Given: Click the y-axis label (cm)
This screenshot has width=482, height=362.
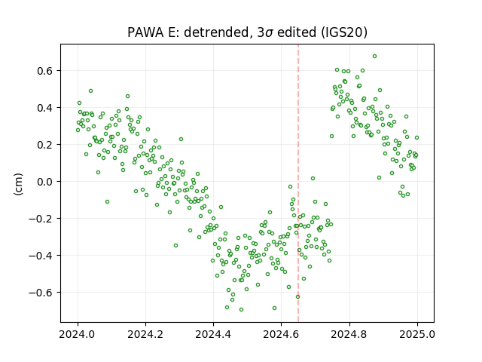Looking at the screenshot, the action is pyautogui.click(x=18, y=184).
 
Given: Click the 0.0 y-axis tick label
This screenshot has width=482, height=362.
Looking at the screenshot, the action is pyautogui.click(x=45, y=182).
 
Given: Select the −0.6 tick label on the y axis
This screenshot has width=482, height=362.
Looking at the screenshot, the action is pyautogui.click(x=41, y=293).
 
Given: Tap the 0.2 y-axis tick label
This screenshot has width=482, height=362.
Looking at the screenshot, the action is pyautogui.click(x=45, y=145).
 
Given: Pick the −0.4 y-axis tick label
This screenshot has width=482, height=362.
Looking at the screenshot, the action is pyautogui.click(x=41, y=256).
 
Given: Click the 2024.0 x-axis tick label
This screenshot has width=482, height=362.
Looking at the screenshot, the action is pyautogui.click(x=78, y=334).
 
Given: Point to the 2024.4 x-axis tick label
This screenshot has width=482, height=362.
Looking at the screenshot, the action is pyautogui.click(x=213, y=334).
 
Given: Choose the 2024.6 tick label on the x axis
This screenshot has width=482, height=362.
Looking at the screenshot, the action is pyautogui.click(x=281, y=334).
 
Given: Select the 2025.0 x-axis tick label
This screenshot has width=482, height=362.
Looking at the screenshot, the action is pyautogui.click(x=417, y=334).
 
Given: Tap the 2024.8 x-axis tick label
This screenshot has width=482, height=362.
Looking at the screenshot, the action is pyautogui.click(x=349, y=334).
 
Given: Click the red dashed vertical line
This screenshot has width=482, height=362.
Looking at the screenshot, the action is pyautogui.click(x=298, y=183).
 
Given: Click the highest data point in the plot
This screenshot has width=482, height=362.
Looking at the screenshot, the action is pyautogui.click(x=374, y=57).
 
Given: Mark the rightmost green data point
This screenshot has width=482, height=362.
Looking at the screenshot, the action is pyautogui.click(x=416, y=137).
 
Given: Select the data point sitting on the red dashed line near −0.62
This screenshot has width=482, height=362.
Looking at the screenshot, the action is pyautogui.click(x=298, y=296).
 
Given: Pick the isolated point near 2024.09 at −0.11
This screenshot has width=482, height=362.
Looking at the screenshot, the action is pyautogui.click(x=107, y=201).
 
